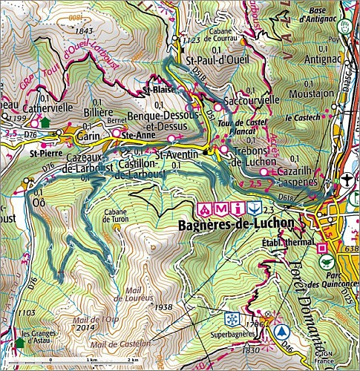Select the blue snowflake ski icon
click(x=230, y=318)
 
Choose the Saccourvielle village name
click(x=252, y=99)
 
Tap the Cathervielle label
click(x=48, y=108)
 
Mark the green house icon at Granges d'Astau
click(x=19, y=342)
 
